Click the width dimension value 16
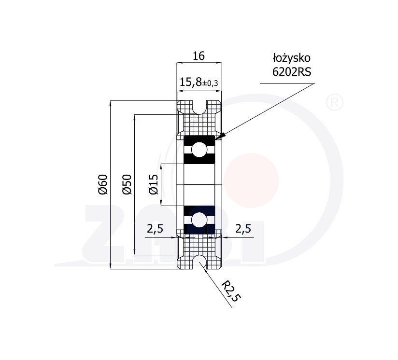coord(199,56)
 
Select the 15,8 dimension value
coord(191,82)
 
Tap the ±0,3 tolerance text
coord(210,83)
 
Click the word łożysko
coord(292,58)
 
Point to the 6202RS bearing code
coord(292,72)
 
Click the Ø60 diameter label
coord(103,184)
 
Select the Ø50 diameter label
coord(127,184)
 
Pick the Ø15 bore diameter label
coord(154,184)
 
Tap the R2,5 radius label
coord(230,291)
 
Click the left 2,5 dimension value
coord(155,229)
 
